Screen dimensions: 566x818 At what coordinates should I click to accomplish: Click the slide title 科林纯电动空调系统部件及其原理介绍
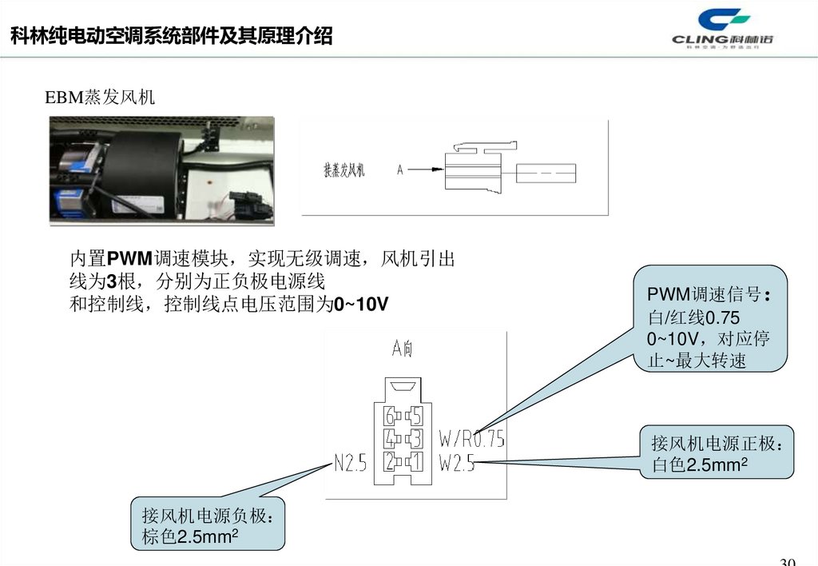tap(171, 36)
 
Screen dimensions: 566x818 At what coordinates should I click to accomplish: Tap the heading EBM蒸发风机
tap(99, 98)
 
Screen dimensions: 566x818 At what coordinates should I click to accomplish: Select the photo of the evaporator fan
tap(161, 169)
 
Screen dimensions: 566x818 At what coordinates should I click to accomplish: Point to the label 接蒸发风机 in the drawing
tap(343, 169)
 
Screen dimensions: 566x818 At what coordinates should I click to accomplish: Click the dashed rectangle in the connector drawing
tap(546, 172)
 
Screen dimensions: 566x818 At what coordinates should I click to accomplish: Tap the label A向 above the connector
tap(402, 349)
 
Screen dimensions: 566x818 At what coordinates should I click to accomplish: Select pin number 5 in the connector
tap(415, 416)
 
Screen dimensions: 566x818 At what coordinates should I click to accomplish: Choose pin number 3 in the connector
tap(415, 439)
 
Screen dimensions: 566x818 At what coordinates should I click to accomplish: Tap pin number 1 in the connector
tap(415, 462)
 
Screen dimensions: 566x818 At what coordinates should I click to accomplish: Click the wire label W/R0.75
tap(472, 439)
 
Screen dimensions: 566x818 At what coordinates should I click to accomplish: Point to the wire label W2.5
tap(457, 462)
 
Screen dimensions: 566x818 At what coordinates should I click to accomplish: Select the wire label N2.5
tap(350, 462)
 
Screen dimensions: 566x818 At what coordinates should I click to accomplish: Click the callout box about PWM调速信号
tap(711, 319)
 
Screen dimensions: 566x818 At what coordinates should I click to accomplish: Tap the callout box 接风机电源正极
tap(717, 452)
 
